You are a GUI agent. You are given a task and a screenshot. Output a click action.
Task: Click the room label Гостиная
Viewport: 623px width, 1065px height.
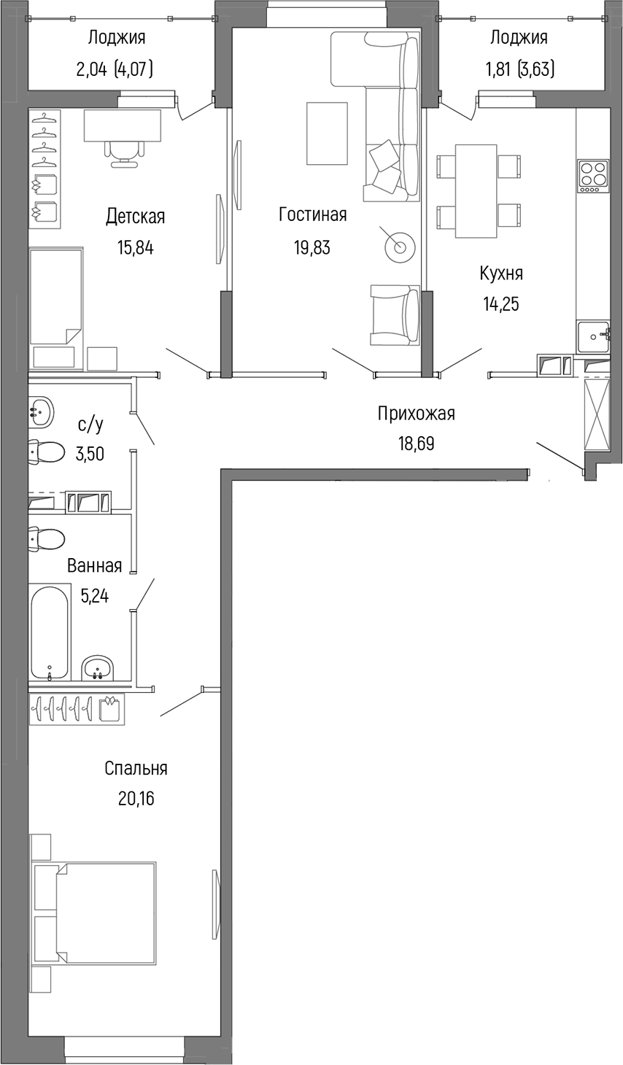(312, 214)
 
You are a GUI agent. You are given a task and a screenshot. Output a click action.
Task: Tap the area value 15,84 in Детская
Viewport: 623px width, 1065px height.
(135, 247)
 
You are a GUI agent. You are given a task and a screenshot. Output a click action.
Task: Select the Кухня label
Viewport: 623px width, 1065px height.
(500, 274)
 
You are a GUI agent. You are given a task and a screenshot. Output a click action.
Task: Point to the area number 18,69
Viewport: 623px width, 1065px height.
(416, 444)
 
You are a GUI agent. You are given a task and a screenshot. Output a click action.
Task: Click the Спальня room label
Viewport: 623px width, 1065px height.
(136, 768)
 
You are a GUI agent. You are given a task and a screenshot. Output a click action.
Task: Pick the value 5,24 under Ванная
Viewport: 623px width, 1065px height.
(94, 596)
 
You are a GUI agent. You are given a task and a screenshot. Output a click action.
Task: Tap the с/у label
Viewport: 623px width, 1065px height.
(90, 425)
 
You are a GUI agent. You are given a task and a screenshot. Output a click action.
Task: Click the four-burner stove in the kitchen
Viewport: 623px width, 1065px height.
(593, 175)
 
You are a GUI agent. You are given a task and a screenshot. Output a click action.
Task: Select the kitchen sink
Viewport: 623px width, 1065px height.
(592, 336)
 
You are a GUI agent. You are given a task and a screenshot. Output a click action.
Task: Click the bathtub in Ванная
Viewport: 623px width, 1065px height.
(50, 632)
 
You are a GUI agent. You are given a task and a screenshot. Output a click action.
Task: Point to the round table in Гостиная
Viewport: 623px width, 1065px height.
(400, 246)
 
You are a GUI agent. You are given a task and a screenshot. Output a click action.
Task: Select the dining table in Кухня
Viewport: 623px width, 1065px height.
(476, 190)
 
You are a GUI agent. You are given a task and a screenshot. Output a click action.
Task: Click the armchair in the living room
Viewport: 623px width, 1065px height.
(394, 314)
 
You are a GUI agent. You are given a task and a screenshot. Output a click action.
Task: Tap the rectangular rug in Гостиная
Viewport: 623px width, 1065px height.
(326, 133)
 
